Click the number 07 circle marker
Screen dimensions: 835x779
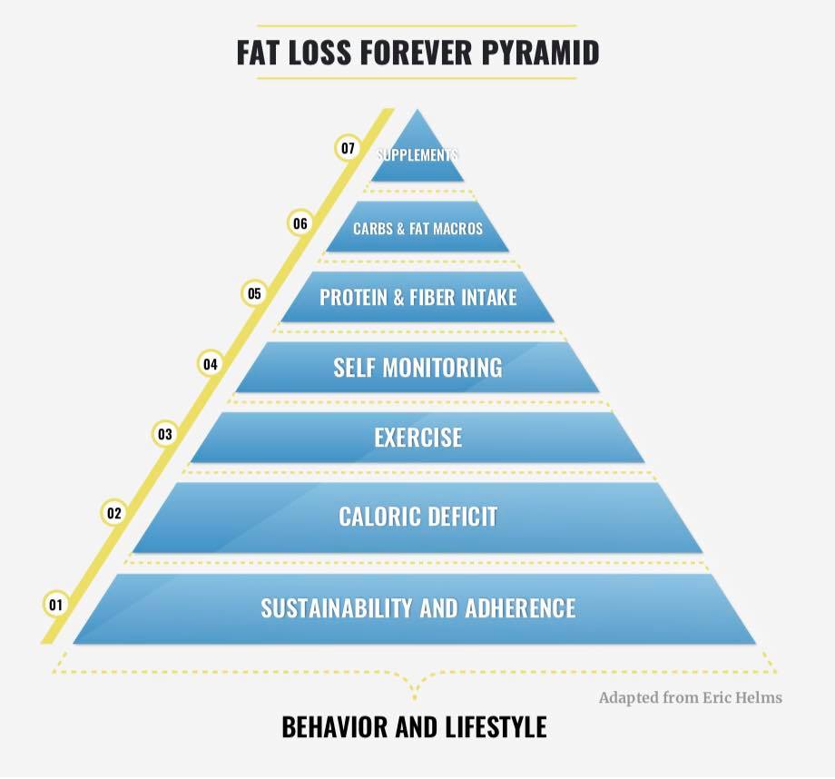point(348,148)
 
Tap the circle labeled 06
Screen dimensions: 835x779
point(300,222)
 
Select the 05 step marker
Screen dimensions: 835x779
point(254,293)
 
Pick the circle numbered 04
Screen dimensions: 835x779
point(211,364)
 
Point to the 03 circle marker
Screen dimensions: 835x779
point(165,434)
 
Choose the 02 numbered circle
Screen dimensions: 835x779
point(114,513)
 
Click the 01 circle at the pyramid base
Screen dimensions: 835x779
point(56,605)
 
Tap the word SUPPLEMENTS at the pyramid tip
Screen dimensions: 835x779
point(417,155)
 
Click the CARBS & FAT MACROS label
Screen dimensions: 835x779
point(418,229)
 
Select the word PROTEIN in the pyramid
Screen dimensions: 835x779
point(353,297)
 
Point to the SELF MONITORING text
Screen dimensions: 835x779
point(418,368)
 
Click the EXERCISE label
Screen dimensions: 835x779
point(418,438)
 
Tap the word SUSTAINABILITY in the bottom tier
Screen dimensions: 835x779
point(337,608)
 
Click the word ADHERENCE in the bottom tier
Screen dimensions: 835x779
point(520,608)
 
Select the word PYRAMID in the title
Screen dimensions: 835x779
point(541,53)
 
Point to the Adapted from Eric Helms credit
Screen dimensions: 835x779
point(691,697)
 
